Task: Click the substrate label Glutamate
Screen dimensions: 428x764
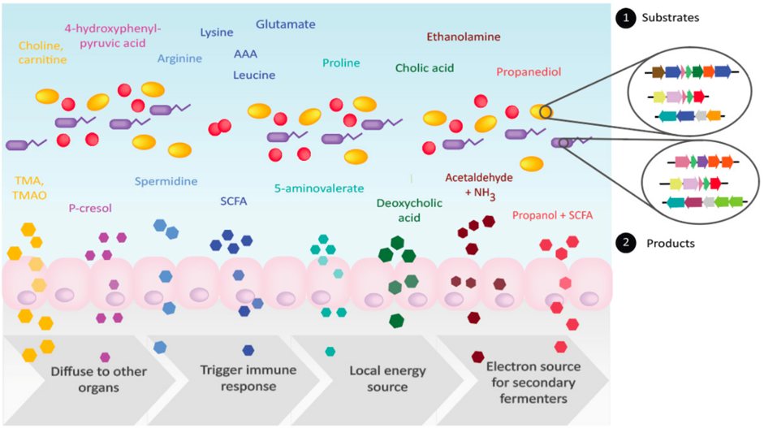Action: [285, 24]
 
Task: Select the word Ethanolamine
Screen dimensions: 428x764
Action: [464, 37]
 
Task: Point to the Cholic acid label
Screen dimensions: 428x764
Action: [425, 68]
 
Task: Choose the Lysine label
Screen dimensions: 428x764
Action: [217, 32]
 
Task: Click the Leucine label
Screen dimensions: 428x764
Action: [254, 75]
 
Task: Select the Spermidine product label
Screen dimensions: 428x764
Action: [166, 181]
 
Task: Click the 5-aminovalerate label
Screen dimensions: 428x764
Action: [319, 188]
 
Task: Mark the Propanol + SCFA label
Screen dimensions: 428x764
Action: [552, 215]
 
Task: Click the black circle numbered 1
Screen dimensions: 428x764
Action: [624, 17]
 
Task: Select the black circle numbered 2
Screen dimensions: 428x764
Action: [624, 243]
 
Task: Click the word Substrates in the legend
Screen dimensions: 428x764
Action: [670, 17]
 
